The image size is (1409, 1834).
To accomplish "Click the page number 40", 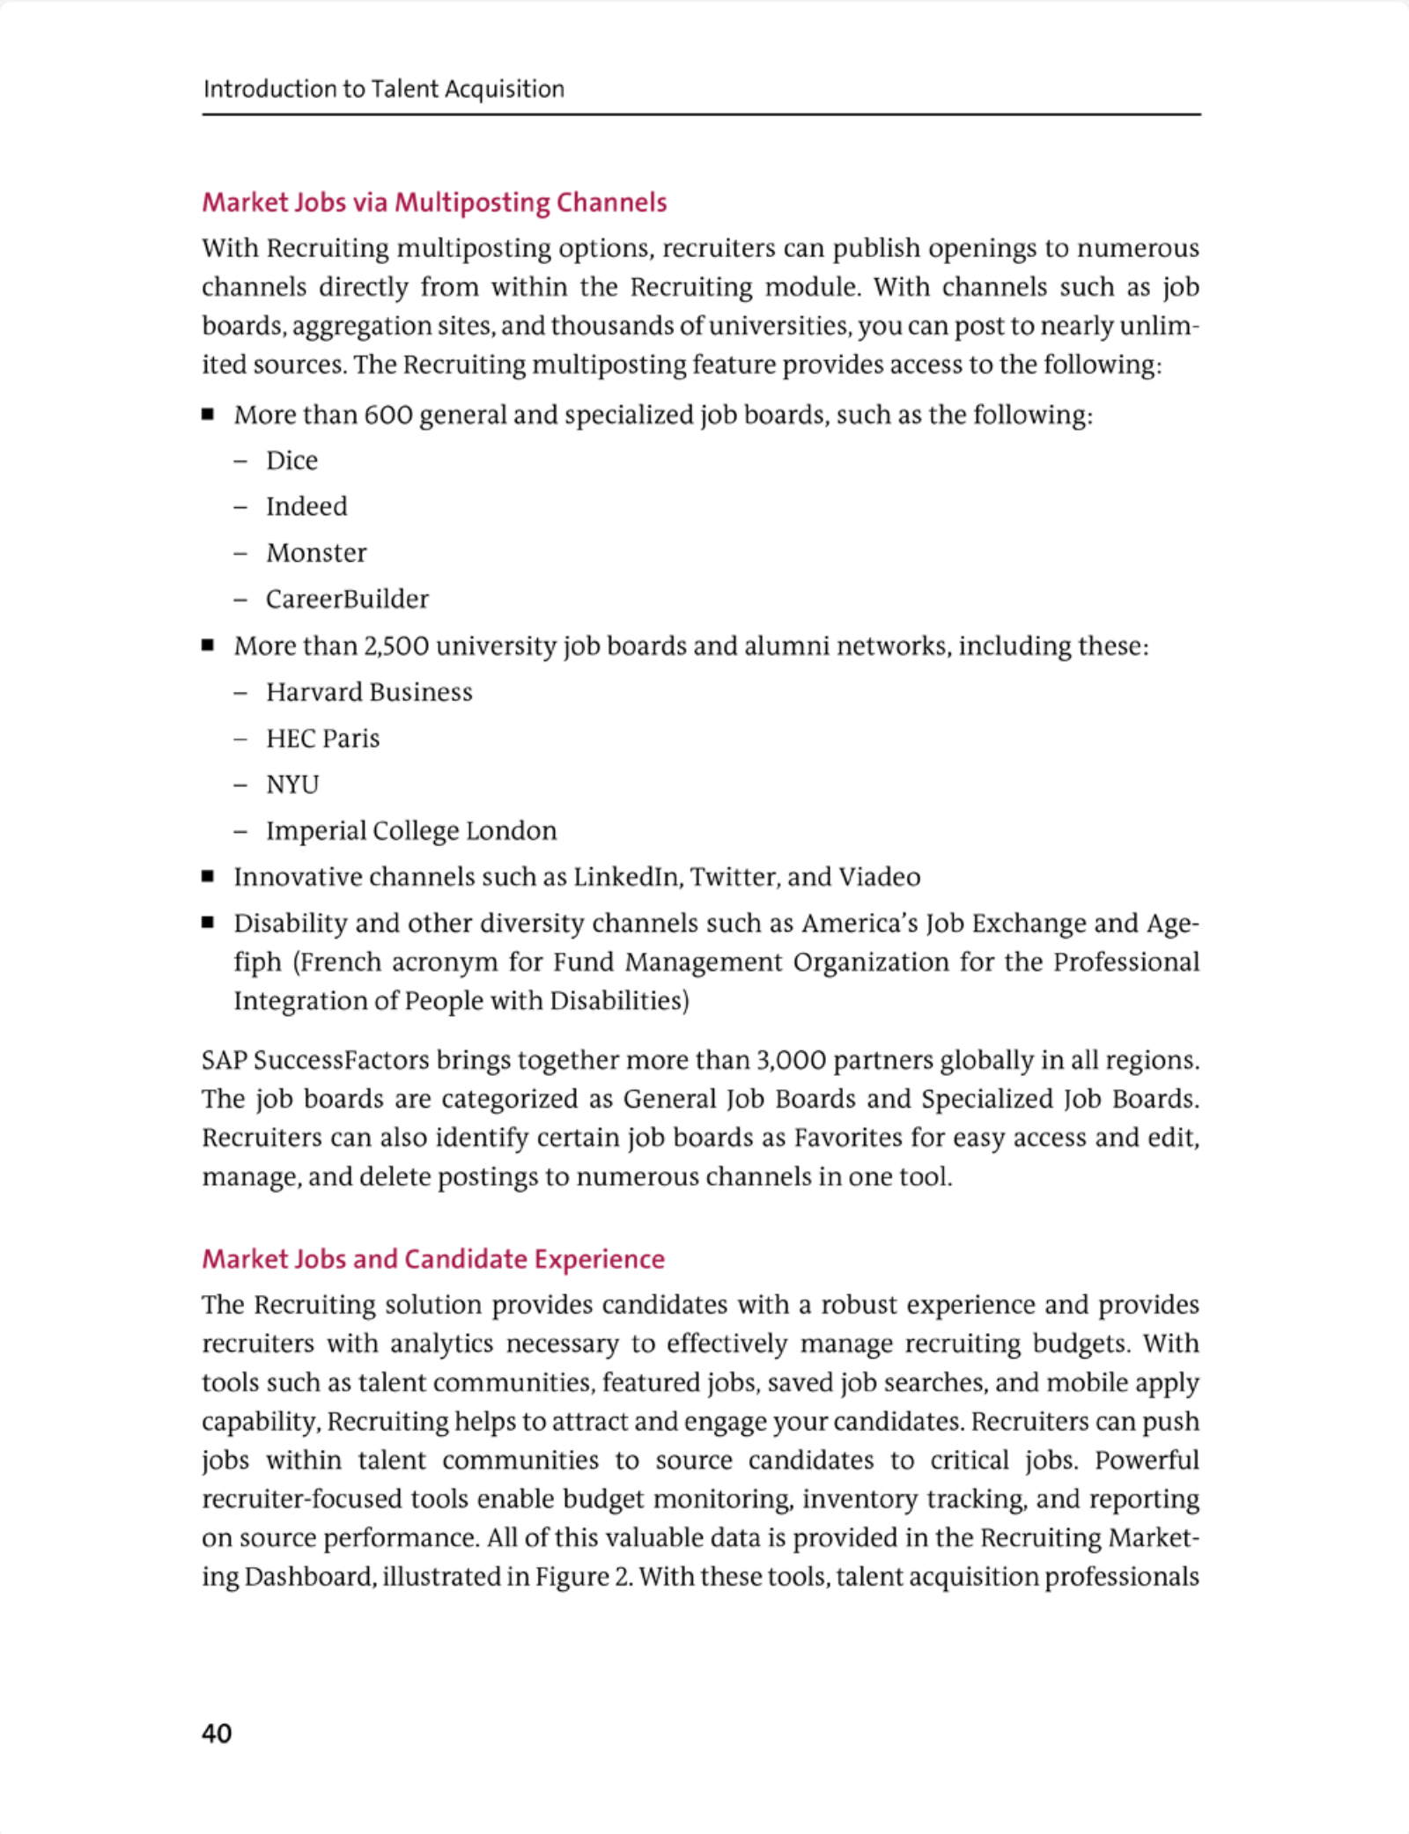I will click(x=217, y=1733).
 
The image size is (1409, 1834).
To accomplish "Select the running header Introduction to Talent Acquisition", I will click(x=383, y=89).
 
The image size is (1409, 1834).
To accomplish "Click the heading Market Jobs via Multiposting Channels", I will click(x=434, y=203).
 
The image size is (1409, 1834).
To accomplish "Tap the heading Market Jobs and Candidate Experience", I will click(x=433, y=1258).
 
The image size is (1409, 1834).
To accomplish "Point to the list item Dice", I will click(x=291, y=460).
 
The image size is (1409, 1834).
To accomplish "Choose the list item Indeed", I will click(x=306, y=506).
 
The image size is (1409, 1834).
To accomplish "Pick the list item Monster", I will click(x=316, y=553).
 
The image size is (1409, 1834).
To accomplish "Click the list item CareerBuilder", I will click(x=347, y=599).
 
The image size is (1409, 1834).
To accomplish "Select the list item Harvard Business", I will click(x=369, y=692).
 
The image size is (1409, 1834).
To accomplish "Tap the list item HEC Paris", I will click(x=322, y=738).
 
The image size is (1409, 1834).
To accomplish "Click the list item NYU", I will click(x=292, y=784).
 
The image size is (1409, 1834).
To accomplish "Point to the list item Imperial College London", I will click(x=411, y=830).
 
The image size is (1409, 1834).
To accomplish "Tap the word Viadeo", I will click(x=879, y=877).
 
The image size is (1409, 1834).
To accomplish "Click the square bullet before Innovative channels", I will click(x=208, y=876).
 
